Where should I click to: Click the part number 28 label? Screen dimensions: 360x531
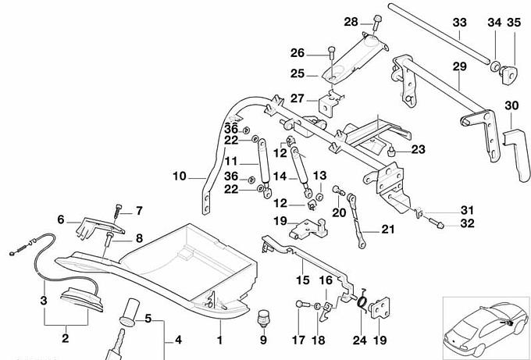coord(351,21)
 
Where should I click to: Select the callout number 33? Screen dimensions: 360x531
coord(460,21)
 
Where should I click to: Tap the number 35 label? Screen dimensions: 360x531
coord(513,21)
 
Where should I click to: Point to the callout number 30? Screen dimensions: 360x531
coord(511,105)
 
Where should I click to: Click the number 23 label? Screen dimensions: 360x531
coord(418,150)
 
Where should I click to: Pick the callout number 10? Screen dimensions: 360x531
coord(179,176)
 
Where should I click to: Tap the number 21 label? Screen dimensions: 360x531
coord(388,230)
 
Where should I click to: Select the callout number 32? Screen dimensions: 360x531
coord(467,223)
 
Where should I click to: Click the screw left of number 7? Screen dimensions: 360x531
coord(118,209)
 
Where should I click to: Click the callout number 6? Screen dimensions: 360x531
coord(60,219)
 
